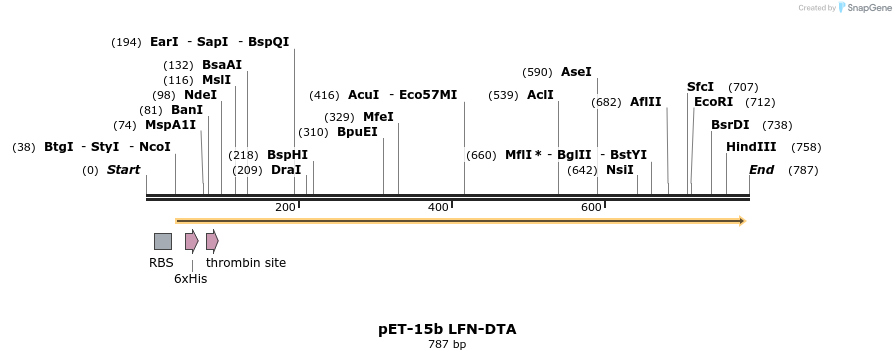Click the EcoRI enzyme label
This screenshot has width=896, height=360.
713,102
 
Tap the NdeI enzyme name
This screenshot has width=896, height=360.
200,95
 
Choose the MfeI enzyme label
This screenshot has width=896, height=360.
378,117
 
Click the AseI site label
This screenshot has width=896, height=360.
576,72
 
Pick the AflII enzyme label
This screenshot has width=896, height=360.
645,102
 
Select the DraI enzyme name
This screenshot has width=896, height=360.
286,170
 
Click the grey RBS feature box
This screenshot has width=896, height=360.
162,241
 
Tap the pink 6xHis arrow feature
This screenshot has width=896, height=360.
191,241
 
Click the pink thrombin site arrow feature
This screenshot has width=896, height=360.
212,241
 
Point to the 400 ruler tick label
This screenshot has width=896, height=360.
438,207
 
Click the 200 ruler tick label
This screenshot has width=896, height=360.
285,207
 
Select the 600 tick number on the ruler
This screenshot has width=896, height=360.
591,207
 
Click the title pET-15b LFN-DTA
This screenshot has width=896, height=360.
447,329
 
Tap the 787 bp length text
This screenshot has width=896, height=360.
447,345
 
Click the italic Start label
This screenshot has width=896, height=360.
123,170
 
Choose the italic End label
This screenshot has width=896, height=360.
761,170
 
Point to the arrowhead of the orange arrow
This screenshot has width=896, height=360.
742,221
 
